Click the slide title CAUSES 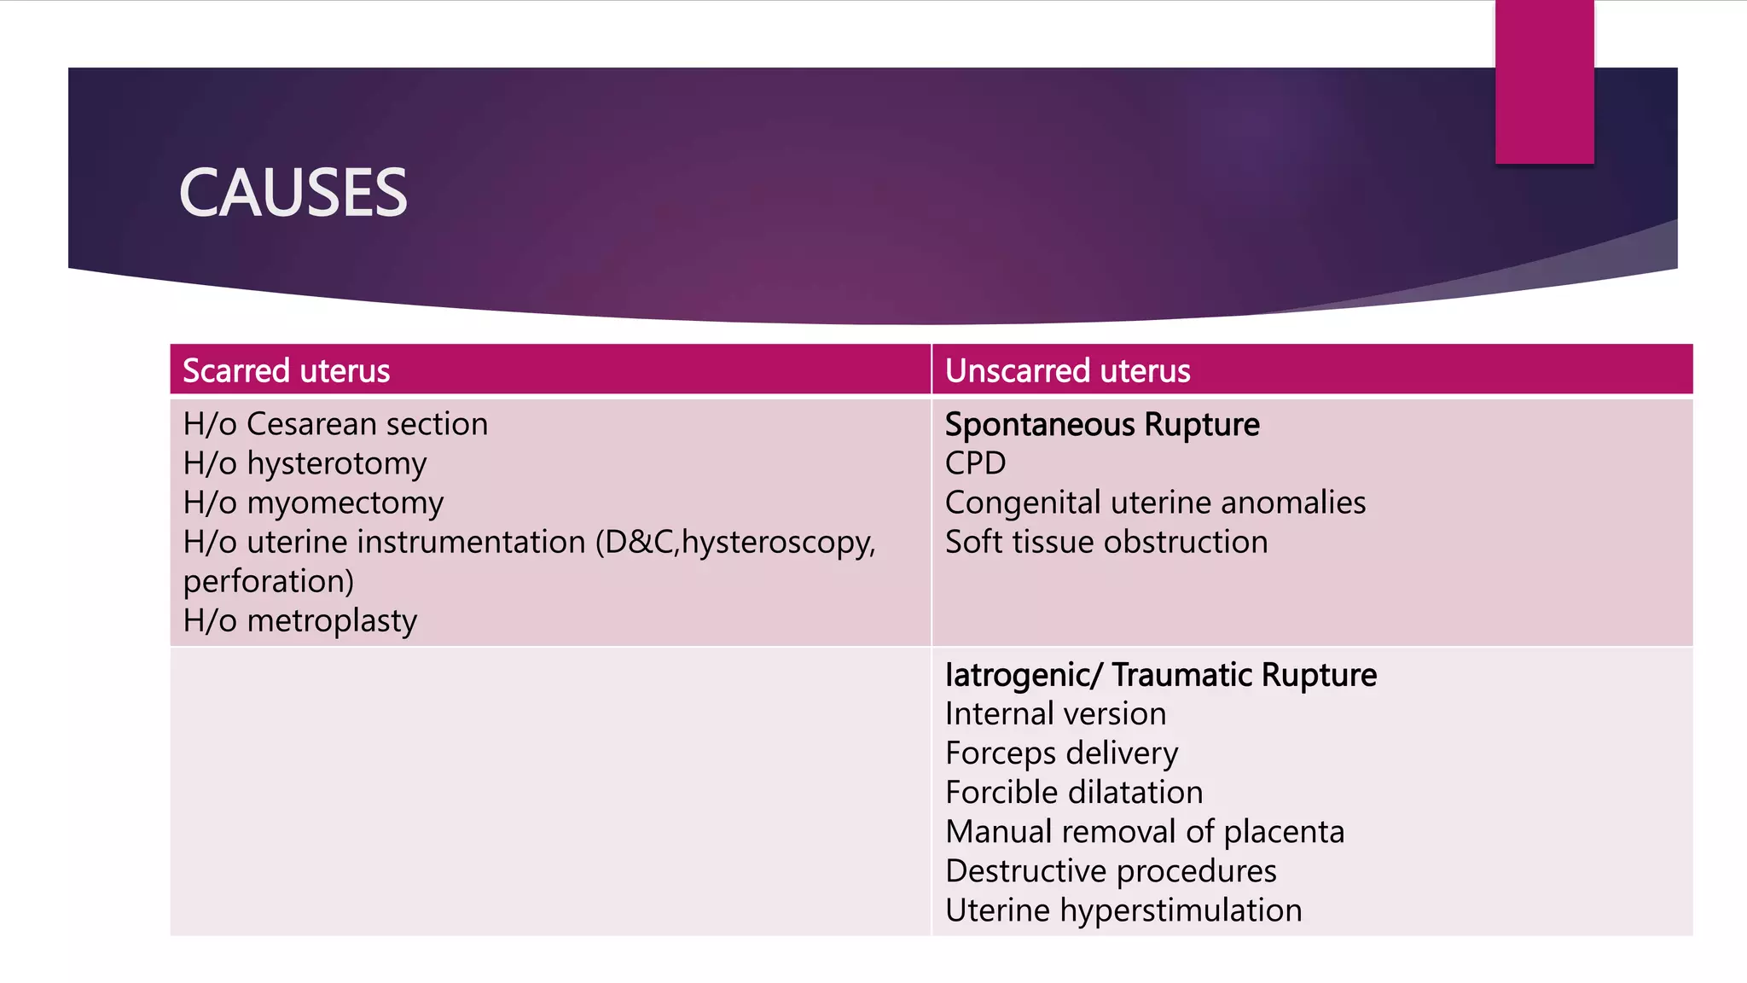293,193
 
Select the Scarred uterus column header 287,371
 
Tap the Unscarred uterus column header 1067,371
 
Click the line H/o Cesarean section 335,424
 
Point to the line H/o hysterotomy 305,463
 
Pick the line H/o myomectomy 313,503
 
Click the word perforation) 269,581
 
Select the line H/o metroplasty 300,620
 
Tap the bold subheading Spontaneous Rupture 1102,424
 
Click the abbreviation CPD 975,463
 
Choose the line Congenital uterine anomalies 1155,503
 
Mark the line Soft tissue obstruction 1106,542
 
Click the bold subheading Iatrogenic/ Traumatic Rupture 1160,675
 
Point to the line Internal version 1055,713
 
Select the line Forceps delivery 1061,753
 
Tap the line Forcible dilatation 1074,792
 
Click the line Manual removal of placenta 1145,831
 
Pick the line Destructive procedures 1111,870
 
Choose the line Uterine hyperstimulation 1123,910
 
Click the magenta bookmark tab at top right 1544,81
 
